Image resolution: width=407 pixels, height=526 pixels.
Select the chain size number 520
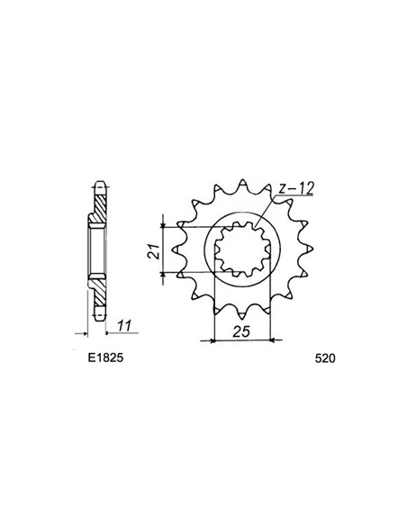coord(326,358)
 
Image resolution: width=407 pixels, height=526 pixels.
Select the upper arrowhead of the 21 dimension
coord(164,221)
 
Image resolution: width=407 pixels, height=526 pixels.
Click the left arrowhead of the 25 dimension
coord(214,340)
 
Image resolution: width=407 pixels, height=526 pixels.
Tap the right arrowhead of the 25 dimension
coord(273,340)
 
